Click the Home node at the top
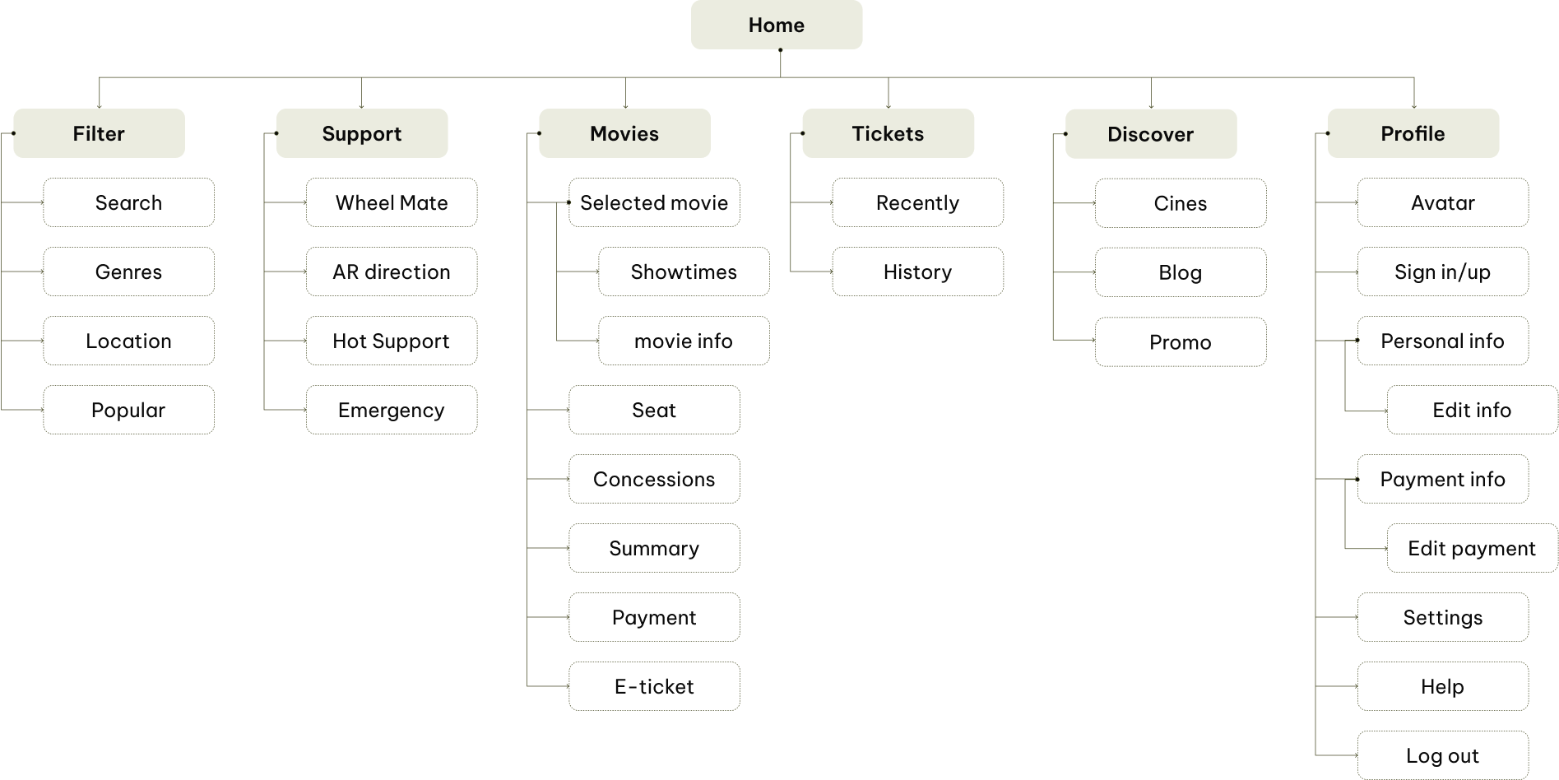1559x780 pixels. pyautogui.click(x=776, y=25)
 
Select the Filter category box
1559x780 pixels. pyautogui.click(x=99, y=133)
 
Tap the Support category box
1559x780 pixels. pyautogui.click(x=362, y=133)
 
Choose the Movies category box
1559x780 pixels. pyautogui.click(x=624, y=133)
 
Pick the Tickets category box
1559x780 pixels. pyautogui.click(x=888, y=133)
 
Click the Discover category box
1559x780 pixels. pyautogui.click(x=1150, y=134)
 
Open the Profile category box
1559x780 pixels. pyautogui.click(x=1413, y=133)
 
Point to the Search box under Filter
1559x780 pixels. pyautogui.click(x=128, y=202)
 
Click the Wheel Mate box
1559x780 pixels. pyautogui.click(x=392, y=202)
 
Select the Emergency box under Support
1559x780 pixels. pyautogui.click(x=392, y=410)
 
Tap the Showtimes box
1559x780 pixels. pyautogui.click(x=684, y=272)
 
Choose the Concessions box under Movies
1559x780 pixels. pyautogui.click(x=654, y=479)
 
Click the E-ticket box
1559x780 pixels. pyautogui.click(x=654, y=686)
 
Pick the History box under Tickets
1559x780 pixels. pyautogui.click(x=917, y=272)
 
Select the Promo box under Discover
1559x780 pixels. pyautogui.click(x=1180, y=341)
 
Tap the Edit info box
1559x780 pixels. pyautogui.click(x=1472, y=410)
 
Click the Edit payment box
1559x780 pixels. pyautogui.click(x=1472, y=548)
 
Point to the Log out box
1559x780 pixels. pyautogui.click(x=1442, y=755)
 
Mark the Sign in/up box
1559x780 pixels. pyautogui.click(x=1442, y=272)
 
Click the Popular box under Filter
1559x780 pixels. pyautogui.click(x=128, y=410)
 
